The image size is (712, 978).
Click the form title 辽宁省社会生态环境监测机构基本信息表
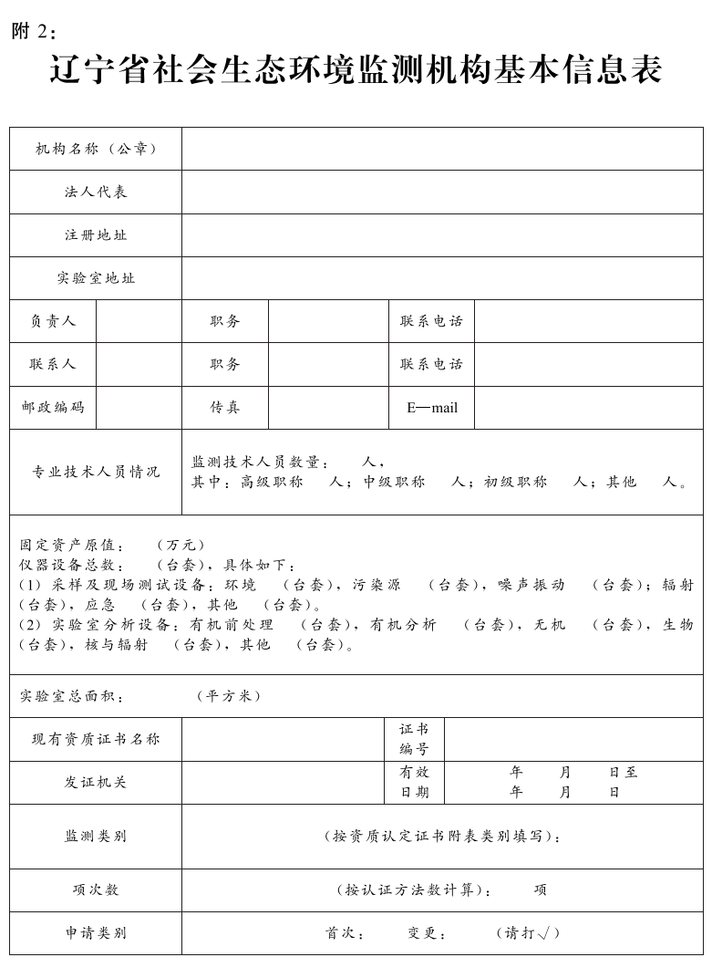click(356, 70)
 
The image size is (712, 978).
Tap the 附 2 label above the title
click(34, 31)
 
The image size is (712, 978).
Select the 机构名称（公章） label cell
click(96, 149)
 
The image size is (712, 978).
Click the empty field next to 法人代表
click(442, 192)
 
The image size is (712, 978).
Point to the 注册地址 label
click(96, 234)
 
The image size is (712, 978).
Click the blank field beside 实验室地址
click(442, 277)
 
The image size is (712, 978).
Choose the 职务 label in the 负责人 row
click(225, 321)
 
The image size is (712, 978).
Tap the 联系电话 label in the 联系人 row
click(431, 364)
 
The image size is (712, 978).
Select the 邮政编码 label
click(53, 407)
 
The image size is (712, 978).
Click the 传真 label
click(225, 407)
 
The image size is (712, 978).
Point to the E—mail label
click(431, 408)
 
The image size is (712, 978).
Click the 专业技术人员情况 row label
click(96, 472)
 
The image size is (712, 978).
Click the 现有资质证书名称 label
click(96, 739)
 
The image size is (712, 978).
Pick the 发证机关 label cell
click(96, 782)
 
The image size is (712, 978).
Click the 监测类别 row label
click(96, 836)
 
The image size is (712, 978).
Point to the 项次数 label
click(96, 890)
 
